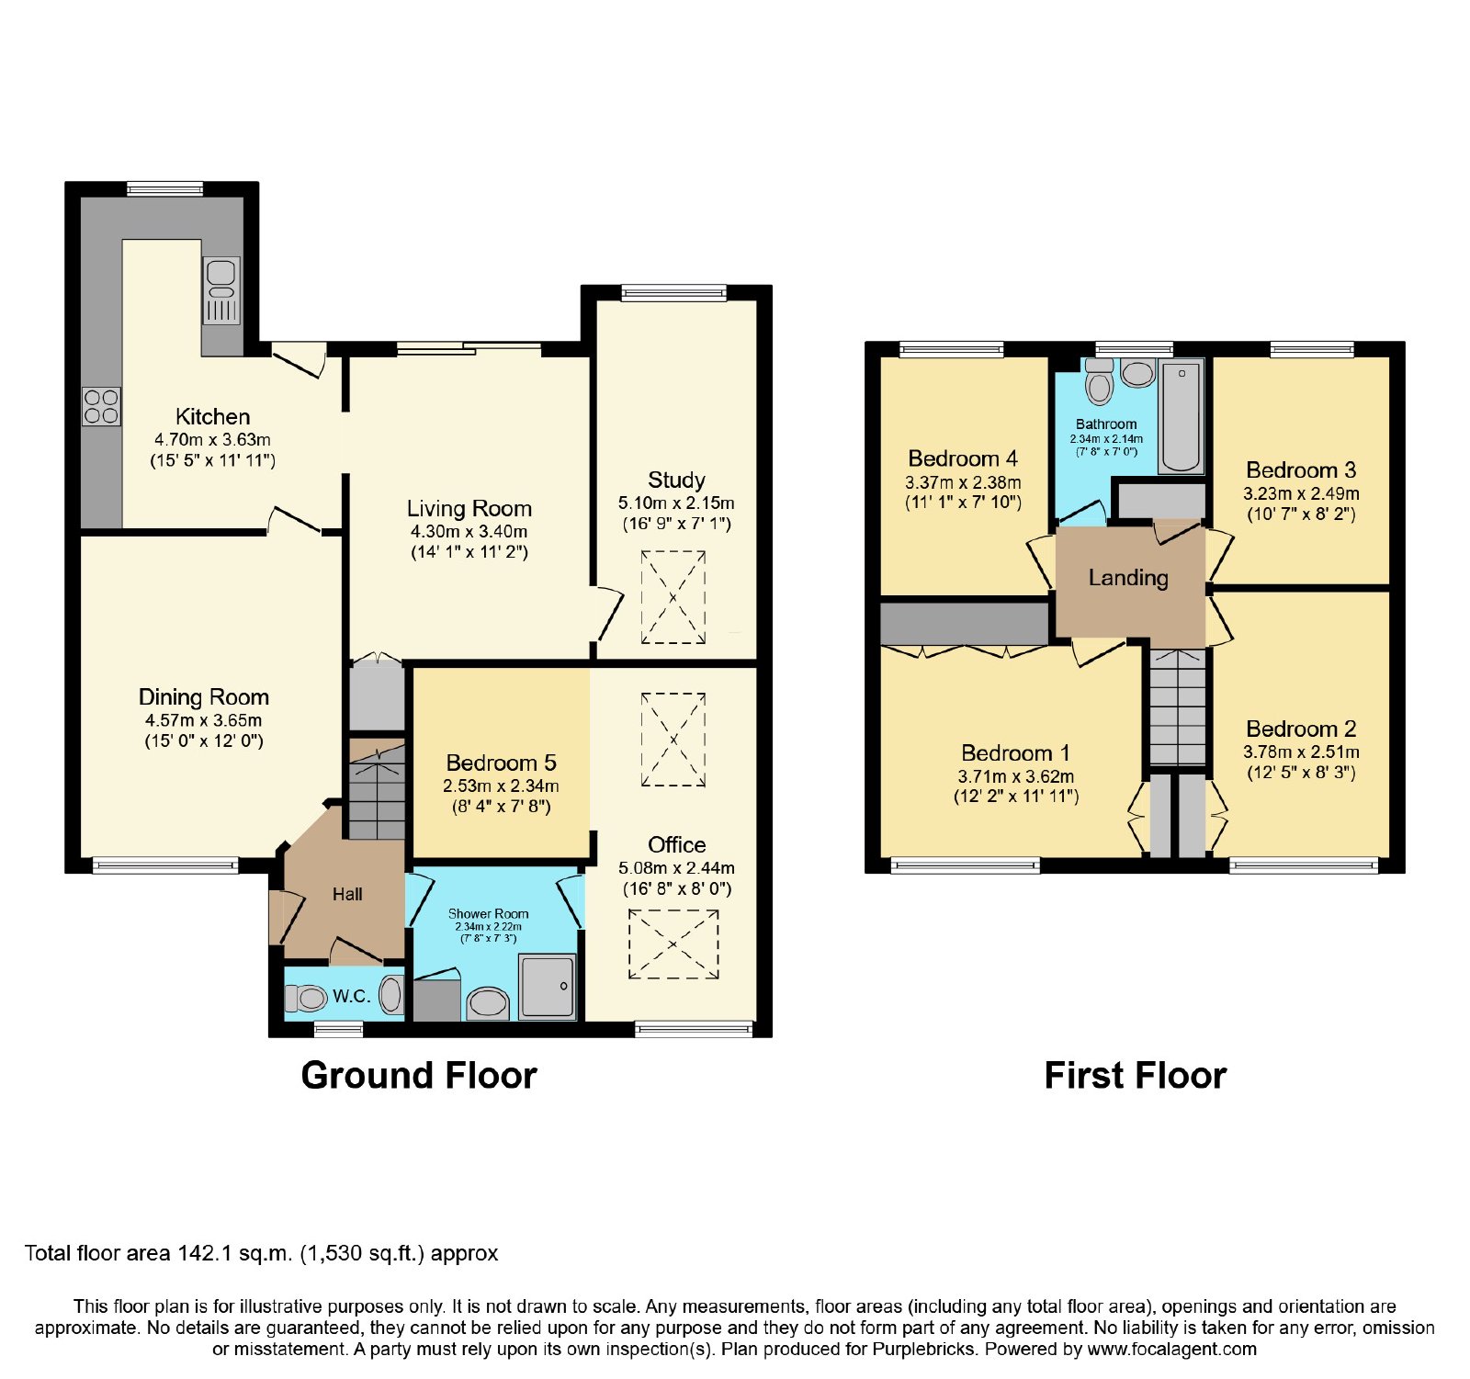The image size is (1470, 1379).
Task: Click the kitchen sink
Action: pyautogui.click(x=221, y=290)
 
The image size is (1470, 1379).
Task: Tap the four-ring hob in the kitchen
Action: pyautogui.click(x=101, y=407)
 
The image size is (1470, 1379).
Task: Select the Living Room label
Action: pyautogui.click(x=469, y=508)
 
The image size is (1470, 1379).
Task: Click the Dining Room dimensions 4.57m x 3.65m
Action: pyautogui.click(x=203, y=720)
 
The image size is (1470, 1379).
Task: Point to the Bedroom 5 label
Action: pyautogui.click(x=501, y=763)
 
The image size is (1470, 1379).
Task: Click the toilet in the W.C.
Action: pyautogui.click(x=306, y=998)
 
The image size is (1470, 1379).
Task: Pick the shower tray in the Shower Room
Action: pyautogui.click(x=548, y=986)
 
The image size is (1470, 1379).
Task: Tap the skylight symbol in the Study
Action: pyautogui.click(x=673, y=597)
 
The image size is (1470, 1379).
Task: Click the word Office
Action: pyautogui.click(x=677, y=844)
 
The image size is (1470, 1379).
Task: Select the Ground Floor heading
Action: pyautogui.click(x=419, y=1075)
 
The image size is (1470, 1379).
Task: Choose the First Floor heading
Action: pyautogui.click(x=1136, y=1075)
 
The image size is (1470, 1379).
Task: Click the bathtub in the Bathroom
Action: pyautogui.click(x=1181, y=416)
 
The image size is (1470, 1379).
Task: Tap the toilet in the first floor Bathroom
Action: pyautogui.click(x=1099, y=380)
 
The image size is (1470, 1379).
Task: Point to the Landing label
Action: pyautogui.click(x=1128, y=578)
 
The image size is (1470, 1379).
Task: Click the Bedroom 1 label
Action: pyautogui.click(x=1015, y=753)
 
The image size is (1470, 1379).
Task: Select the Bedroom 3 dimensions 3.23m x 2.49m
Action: pyautogui.click(x=1301, y=493)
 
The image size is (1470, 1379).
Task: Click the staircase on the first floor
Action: pyautogui.click(x=1177, y=706)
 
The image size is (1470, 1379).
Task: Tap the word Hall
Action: pyautogui.click(x=347, y=894)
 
